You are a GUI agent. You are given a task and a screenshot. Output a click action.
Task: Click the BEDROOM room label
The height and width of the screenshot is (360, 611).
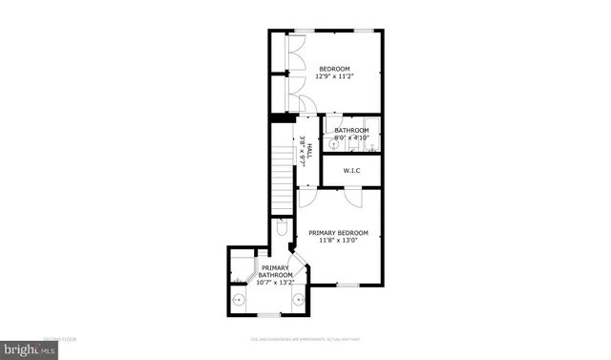pos(334,69)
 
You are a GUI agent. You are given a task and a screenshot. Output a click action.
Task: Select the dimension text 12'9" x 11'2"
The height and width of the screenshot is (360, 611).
pos(334,77)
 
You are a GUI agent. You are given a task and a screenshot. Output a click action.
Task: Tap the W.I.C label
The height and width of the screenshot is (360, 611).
pos(351,171)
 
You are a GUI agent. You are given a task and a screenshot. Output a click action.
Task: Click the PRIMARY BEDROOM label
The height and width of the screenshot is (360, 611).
pos(338,233)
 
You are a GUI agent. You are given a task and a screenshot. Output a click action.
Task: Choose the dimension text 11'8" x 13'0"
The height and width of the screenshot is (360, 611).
pos(338,241)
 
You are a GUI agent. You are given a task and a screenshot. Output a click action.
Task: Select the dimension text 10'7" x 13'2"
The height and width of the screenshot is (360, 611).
pos(275,282)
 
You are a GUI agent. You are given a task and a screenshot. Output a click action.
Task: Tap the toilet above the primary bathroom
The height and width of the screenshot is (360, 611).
pos(282,230)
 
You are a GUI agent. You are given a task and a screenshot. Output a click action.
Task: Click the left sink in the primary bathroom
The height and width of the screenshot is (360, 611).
pos(240,299)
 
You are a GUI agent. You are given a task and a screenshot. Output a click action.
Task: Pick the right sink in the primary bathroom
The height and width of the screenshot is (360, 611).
pos(298,299)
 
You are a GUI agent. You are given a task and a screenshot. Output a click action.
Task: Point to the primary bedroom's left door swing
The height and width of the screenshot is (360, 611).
pos(308,198)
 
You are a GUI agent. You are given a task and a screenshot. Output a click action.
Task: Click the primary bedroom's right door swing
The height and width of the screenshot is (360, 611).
pos(352,197)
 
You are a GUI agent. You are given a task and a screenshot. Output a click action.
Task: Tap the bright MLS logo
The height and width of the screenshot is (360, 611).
pos(29,350)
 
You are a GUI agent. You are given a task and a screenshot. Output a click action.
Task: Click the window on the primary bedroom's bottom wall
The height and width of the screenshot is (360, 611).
pos(348,285)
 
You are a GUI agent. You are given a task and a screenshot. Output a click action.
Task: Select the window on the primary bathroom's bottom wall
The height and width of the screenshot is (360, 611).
pos(269,314)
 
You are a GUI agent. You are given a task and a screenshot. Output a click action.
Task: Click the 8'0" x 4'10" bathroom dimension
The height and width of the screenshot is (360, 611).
pos(351,138)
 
